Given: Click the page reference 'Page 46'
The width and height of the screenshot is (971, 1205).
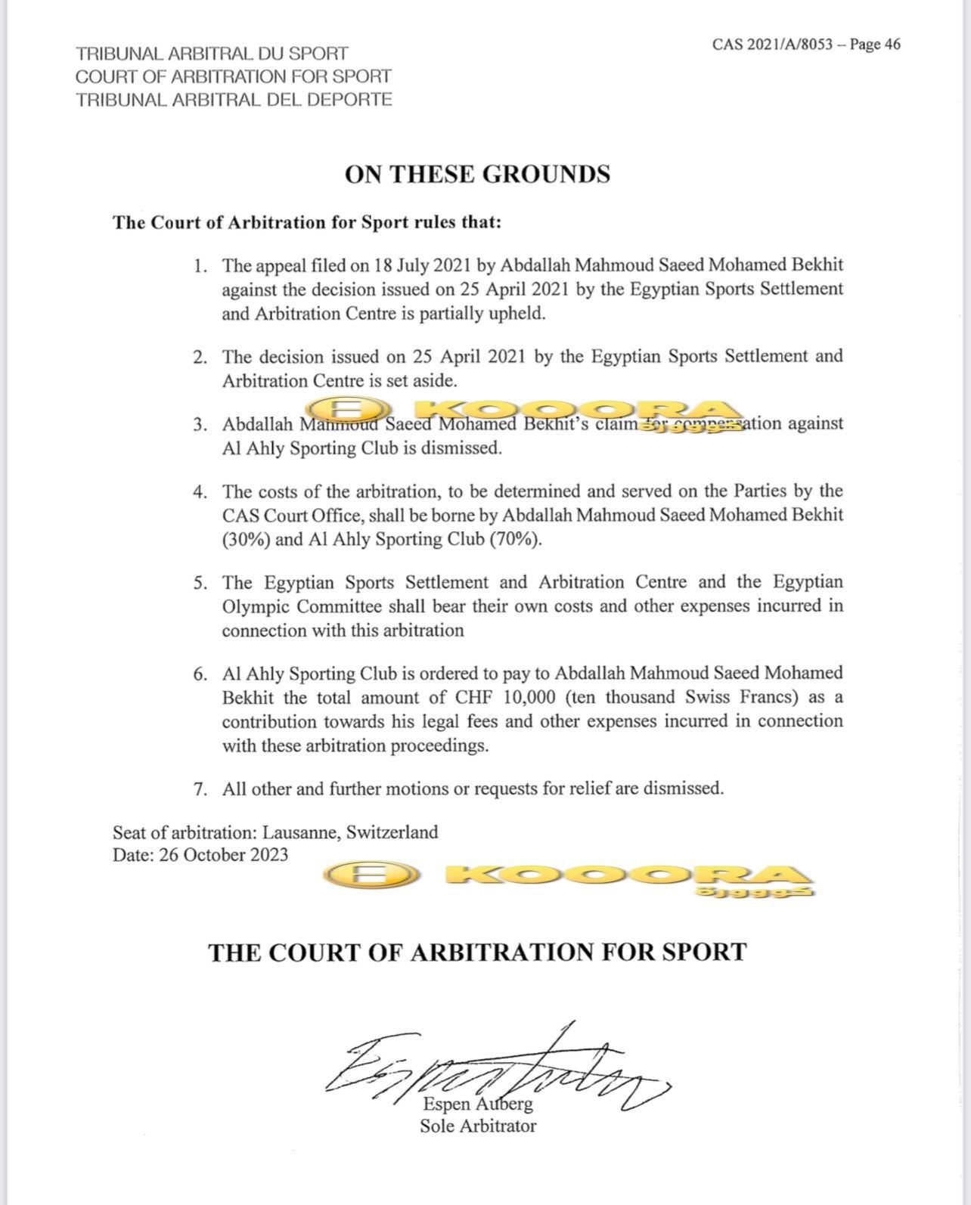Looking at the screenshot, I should pos(875,44).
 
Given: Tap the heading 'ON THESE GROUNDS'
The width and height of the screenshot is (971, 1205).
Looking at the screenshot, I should pos(477,175).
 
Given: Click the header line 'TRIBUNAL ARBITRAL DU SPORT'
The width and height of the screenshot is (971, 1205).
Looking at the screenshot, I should pos(212,54).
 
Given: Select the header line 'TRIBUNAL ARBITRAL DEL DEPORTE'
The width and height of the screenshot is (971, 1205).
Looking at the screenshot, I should pos(234,99).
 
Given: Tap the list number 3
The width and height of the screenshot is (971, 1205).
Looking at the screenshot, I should pos(200,425).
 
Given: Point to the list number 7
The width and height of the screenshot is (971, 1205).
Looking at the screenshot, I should pos(200,789).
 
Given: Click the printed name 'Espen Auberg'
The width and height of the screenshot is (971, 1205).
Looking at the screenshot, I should pos(478,1104).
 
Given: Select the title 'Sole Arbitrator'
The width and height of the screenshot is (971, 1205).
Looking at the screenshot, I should pos(478,1126).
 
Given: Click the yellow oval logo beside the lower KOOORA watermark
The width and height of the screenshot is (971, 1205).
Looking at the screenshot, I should pos(371,877).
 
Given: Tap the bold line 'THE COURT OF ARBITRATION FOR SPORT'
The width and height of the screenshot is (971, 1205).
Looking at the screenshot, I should pos(477,952).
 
